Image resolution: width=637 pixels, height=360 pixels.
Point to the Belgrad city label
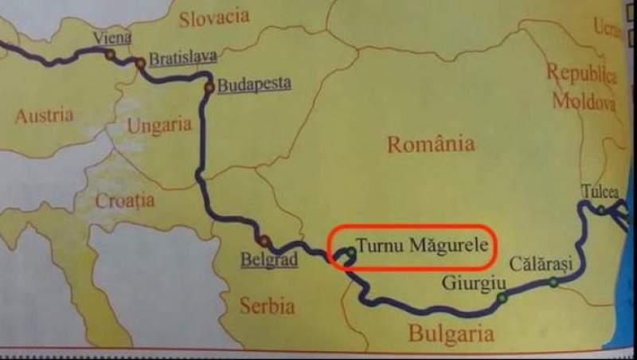(269, 260)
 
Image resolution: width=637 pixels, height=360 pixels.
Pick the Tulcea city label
(600, 191)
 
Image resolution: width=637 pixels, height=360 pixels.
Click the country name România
(430, 144)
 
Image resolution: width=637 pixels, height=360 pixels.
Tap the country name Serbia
(267, 305)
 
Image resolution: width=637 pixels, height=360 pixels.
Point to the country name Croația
(125, 201)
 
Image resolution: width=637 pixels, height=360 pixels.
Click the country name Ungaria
(159, 125)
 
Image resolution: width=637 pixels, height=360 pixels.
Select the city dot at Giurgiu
(502, 298)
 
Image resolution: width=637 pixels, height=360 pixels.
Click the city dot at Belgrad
(264, 241)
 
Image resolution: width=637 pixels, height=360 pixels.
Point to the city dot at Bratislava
(141, 62)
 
